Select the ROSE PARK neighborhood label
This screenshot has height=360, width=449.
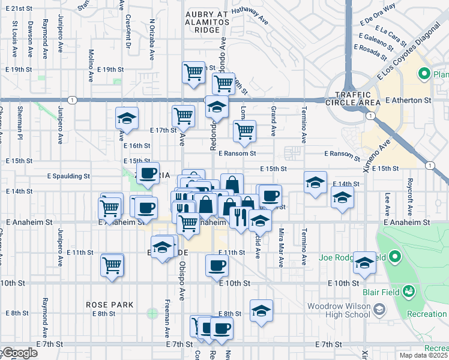tap(109, 305)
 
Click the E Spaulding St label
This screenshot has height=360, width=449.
tap(68, 176)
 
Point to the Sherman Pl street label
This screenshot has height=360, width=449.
tap(20, 121)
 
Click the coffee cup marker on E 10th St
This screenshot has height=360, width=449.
tap(217, 265)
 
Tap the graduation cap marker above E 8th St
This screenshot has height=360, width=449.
tap(261, 311)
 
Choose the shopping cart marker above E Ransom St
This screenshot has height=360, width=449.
tap(244, 131)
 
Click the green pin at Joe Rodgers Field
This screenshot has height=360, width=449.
tap(394, 257)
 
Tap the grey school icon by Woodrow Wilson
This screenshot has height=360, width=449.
tap(379, 309)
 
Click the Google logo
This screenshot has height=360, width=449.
tap(19, 353)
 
